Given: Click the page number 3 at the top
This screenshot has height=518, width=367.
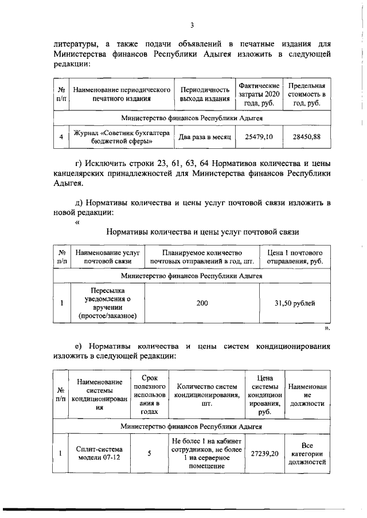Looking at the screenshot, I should coord(193,25).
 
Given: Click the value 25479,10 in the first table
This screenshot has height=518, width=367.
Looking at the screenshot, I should coord(259,137).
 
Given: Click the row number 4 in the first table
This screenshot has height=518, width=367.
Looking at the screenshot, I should coord(61,137).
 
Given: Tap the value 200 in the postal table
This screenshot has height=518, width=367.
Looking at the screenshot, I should coord(202,303).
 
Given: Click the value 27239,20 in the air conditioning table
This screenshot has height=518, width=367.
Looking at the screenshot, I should coord(264,453).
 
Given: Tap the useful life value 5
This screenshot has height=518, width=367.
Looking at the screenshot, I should coord(149,453).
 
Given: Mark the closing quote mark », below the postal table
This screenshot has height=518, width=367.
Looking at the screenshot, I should coord(327,329).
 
